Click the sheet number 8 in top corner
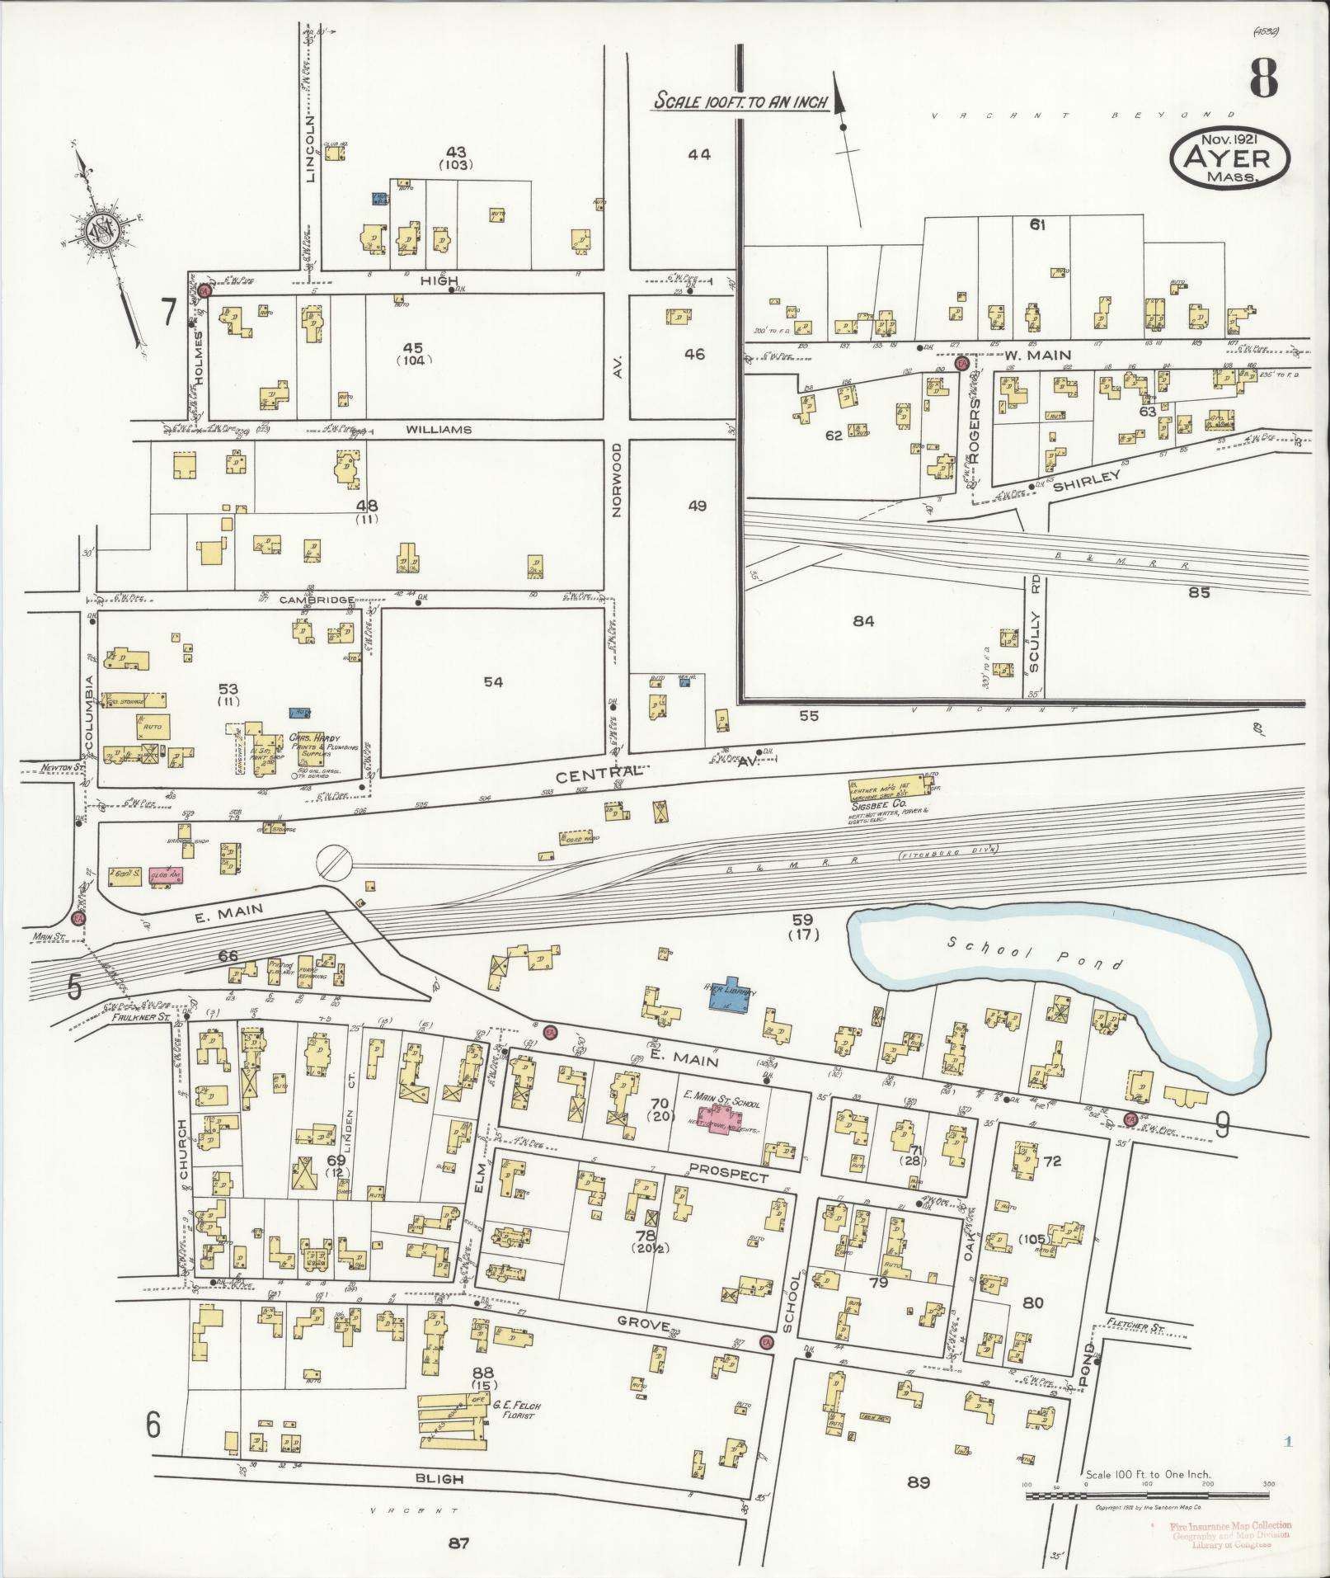[x=1262, y=80]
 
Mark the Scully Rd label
[x=1036, y=626]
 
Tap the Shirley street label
[x=1097, y=478]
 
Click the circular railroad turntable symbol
[x=335, y=862]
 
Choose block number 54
[x=493, y=682]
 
